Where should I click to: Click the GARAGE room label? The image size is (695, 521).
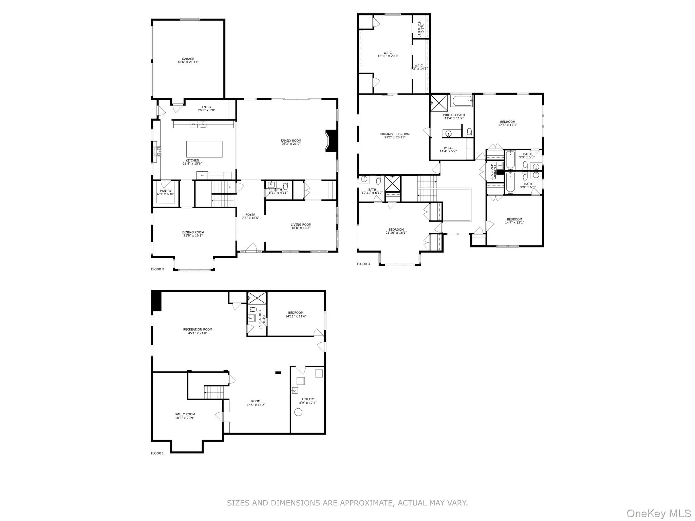[x=188, y=59]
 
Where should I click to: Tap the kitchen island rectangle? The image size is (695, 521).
[x=204, y=149]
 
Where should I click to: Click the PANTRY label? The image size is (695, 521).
[x=166, y=191]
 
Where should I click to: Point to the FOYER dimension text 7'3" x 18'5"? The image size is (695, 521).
[x=250, y=218]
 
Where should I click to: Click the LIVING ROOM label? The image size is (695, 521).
[x=301, y=225]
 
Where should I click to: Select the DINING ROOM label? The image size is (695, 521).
[x=193, y=232]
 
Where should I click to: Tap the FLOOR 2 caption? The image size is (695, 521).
[x=157, y=269]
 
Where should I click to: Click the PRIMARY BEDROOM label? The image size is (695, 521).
[x=395, y=134]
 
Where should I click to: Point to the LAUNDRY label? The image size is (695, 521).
[x=495, y=172]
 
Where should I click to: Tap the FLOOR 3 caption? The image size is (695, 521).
[x=363, y=264]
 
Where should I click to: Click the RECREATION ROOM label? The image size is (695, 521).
[x=198, y=329]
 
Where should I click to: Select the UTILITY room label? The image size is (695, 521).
[x=308, y=399]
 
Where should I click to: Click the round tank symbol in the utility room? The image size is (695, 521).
[x=298, y=412]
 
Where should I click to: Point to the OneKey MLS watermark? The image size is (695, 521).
[x=659, y=513]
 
